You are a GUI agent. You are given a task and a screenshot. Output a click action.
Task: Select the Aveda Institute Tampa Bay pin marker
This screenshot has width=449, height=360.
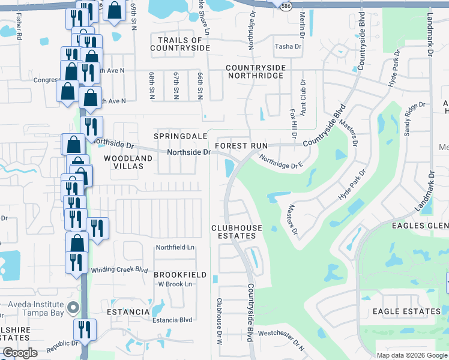point(74,308)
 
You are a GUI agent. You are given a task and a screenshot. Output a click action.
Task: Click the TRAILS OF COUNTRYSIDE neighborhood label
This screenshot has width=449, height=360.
point(180,44)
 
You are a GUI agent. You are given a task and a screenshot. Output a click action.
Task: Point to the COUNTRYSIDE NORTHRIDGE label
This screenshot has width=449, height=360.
point(255,72)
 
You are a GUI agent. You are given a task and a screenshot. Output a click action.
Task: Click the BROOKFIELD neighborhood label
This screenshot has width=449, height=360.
point(180,275)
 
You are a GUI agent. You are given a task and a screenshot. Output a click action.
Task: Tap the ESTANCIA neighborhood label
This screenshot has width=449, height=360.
point(128,312)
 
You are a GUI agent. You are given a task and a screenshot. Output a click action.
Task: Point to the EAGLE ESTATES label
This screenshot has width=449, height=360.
point(406,311)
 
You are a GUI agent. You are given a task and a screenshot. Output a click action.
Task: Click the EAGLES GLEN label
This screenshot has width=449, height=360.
point(420,226)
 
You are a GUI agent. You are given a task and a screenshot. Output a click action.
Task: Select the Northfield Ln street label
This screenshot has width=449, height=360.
point(175,247)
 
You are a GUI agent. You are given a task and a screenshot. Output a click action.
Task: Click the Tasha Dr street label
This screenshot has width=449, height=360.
point(288,46)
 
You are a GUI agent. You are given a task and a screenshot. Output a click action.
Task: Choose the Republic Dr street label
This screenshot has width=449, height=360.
point(63,344)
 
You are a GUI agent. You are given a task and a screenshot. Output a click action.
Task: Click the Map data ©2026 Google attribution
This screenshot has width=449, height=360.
point(412,355)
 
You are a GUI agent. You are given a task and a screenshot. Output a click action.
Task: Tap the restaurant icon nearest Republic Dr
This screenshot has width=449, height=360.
point(85,329)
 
